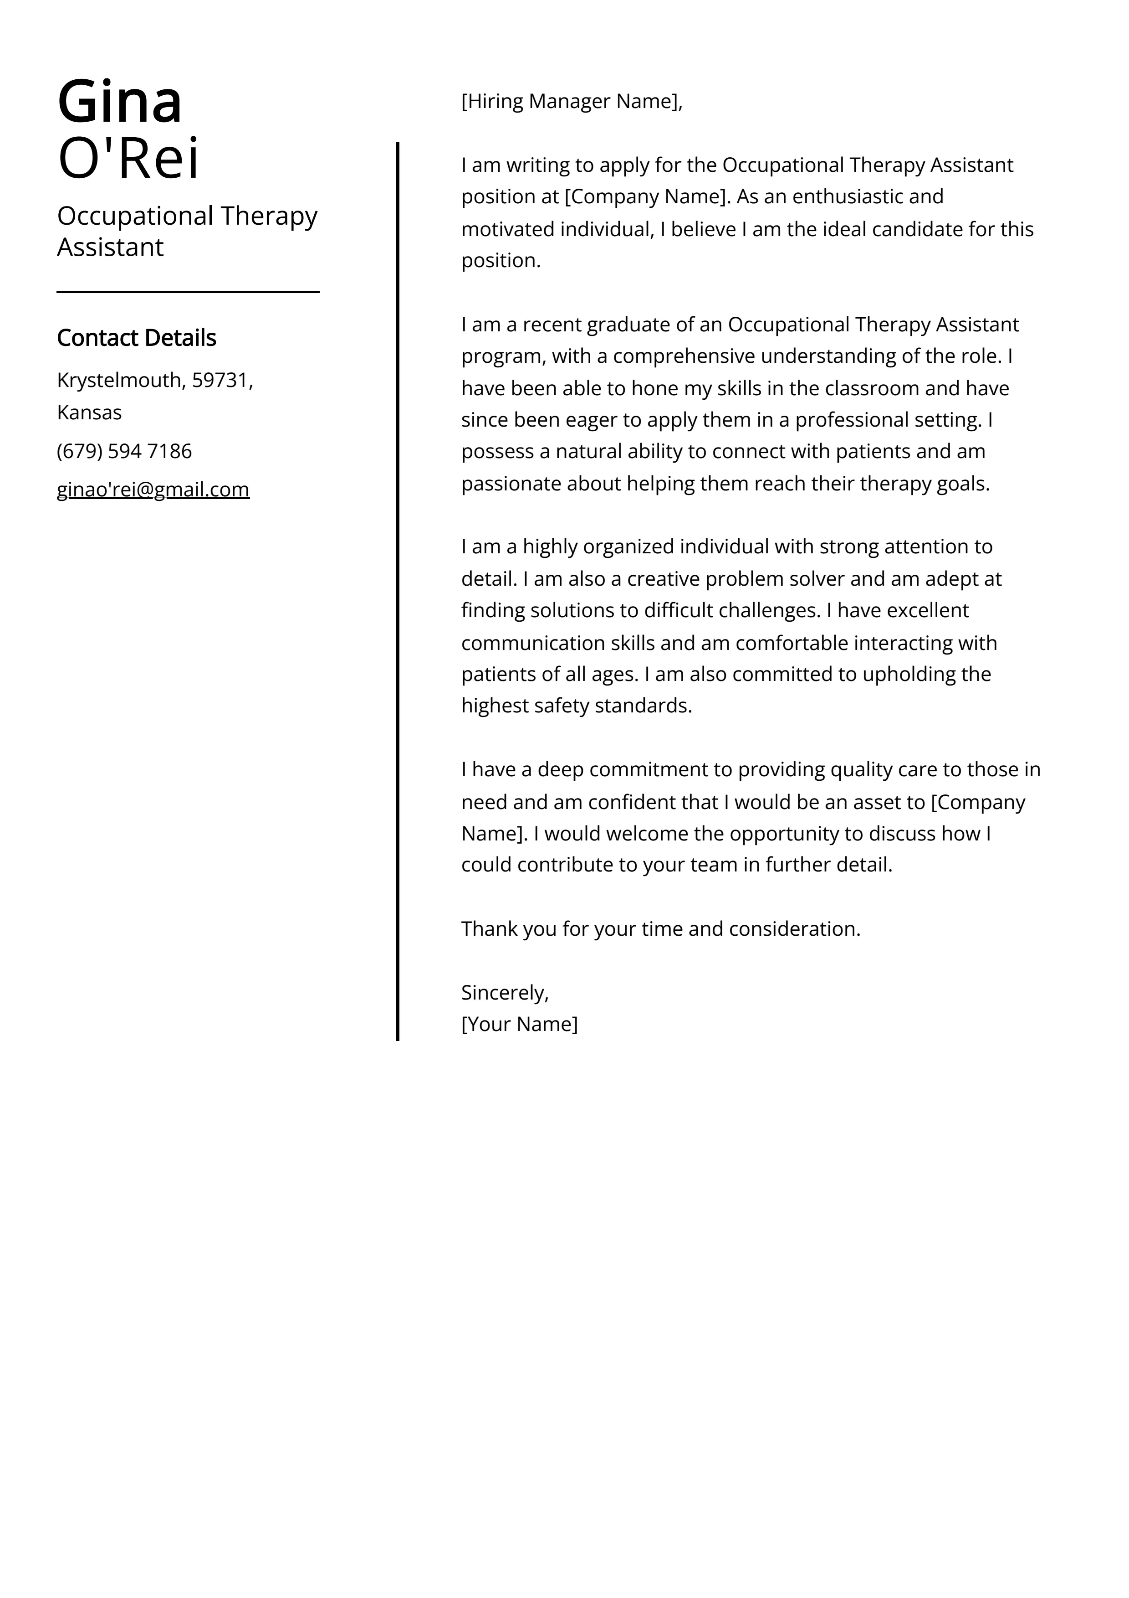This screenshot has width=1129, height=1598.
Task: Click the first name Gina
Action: tap(120, 102)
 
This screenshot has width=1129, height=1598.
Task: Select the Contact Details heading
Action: tap(136, 338)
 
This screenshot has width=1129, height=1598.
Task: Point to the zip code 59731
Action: tap(220, 380)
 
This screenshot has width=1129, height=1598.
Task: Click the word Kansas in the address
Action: tap(89, 413)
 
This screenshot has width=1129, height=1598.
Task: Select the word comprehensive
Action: tap(683, 356)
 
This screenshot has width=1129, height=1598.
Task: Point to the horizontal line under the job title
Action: tap(188, 292)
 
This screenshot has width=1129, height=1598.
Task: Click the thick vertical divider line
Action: tap(398, 592)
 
